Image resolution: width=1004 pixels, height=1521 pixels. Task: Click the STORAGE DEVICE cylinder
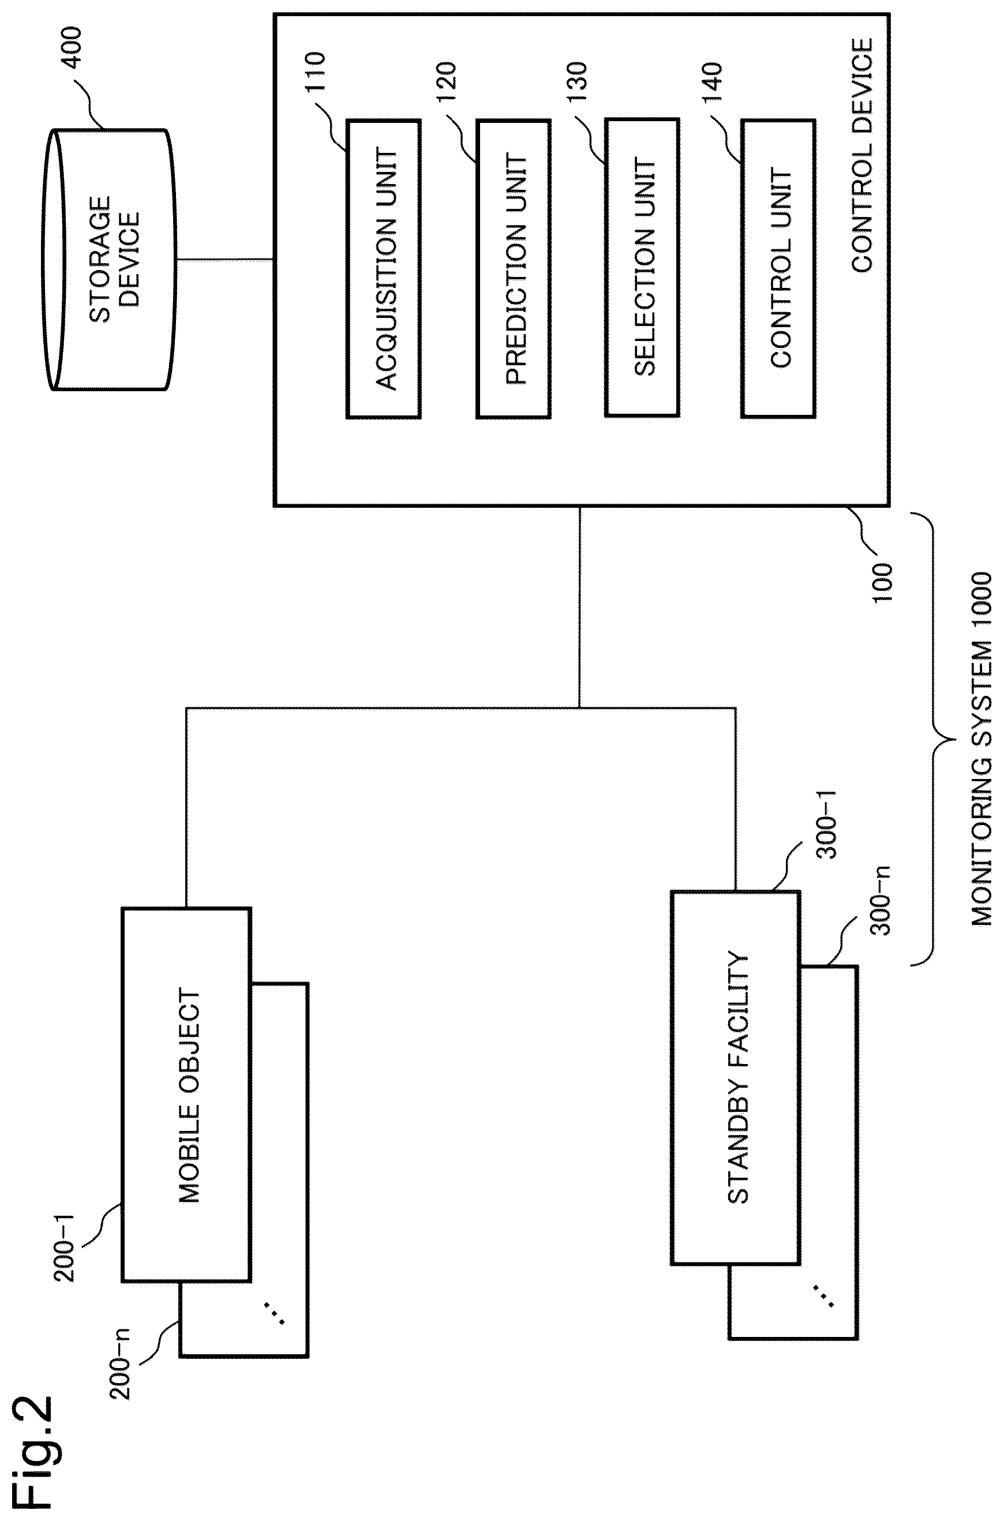click(x=111, y=260)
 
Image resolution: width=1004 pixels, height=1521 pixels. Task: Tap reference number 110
click(x=316, y=74)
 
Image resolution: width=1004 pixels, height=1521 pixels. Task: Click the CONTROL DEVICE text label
click(x=862, y=156)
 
